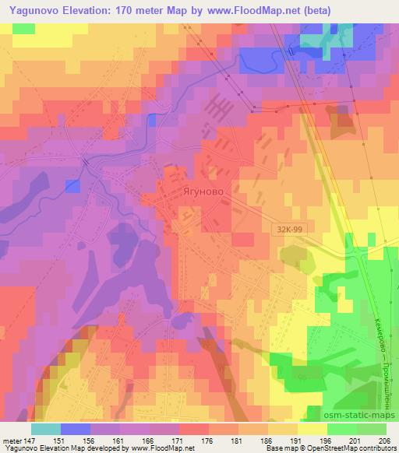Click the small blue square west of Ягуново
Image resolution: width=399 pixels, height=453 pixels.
(x=72, y=185)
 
